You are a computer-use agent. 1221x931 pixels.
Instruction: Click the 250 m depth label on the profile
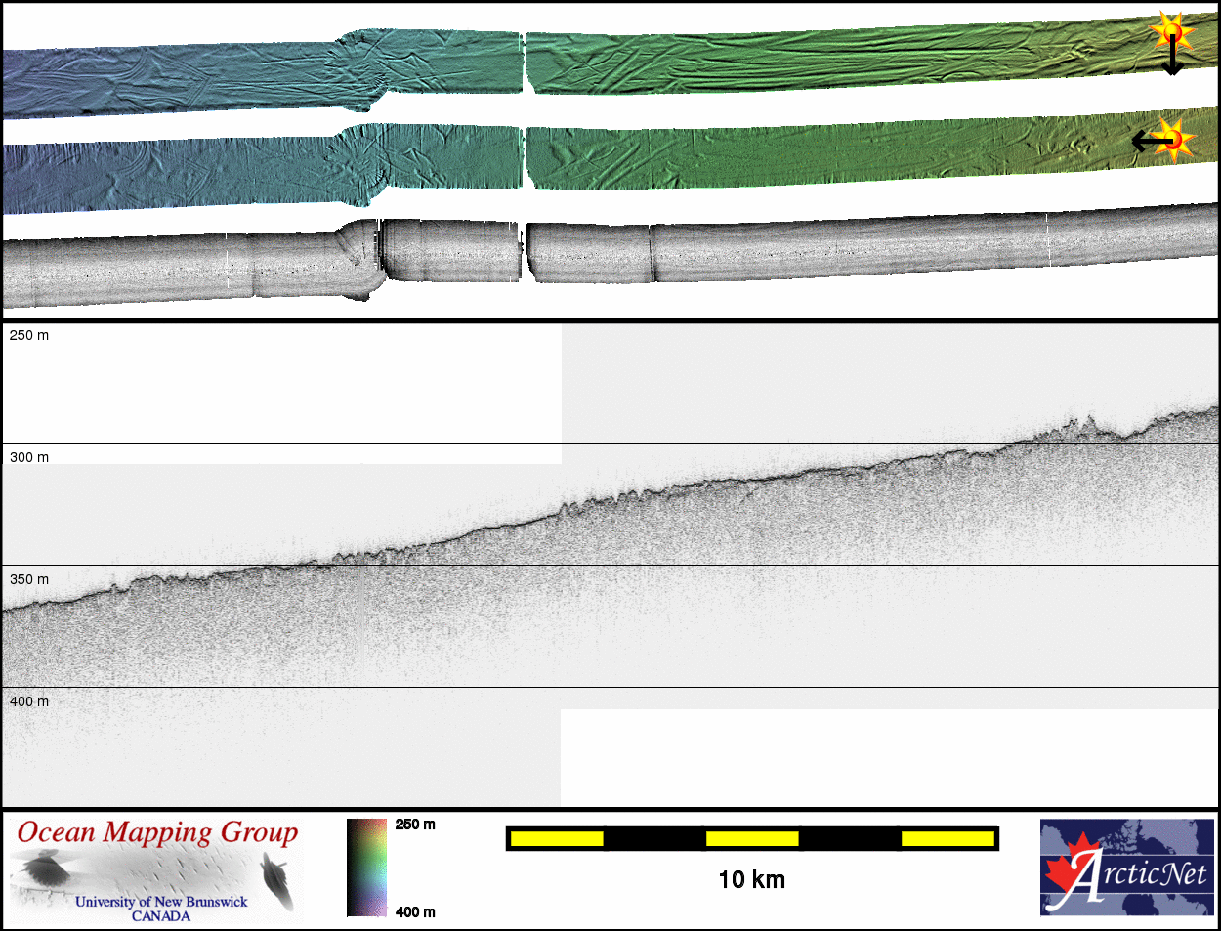(x=29, y=335)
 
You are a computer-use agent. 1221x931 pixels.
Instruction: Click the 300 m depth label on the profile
(x=29, y=458)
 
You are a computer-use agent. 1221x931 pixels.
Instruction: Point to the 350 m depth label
(x=29, y=579)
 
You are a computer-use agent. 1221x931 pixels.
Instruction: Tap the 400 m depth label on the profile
(x=29, y=701)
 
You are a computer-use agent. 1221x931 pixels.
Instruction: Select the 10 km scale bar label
(x=751, y=880)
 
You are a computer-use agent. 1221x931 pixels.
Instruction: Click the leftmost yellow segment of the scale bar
(x=557, y=838)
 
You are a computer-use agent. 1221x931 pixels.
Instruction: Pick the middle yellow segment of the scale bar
(x=752, y=838)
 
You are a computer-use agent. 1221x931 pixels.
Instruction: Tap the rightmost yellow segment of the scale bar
(x=947, y=838)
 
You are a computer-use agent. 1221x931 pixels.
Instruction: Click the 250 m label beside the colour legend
(x=415, y=825)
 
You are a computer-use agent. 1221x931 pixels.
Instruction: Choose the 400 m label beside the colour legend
(x=415, y=912)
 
